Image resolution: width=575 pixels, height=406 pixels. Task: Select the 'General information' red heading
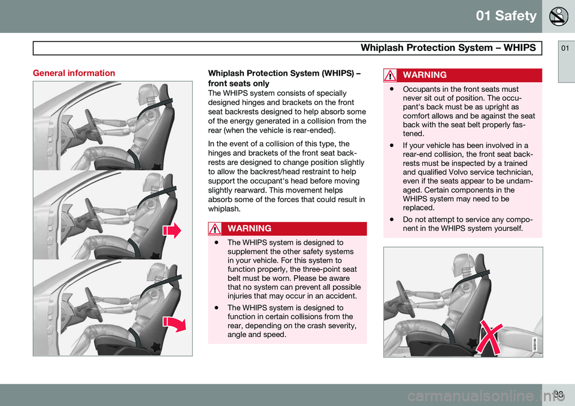click(x=74, y=73)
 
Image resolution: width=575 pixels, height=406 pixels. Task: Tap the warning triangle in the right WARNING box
click(x=391, y=75)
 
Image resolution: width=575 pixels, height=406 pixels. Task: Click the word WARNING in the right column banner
click(x=425, y=75)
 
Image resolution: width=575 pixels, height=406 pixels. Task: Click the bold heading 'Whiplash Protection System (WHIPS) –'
click(x=283, y=73)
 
